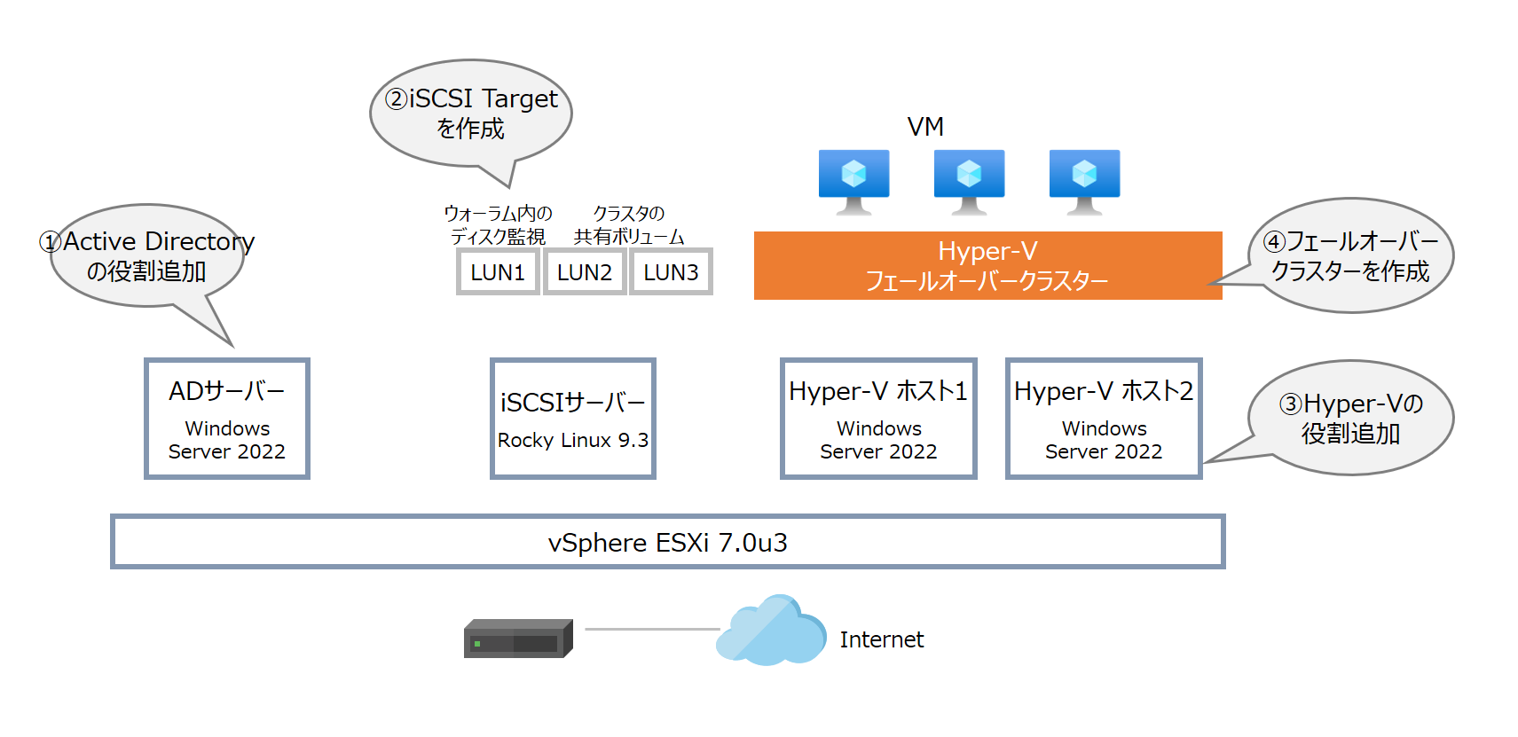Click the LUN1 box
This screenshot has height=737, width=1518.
tap(498, 272)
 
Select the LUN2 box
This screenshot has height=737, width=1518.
tap(585, 272)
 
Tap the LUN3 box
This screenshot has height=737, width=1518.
tap(671, 272)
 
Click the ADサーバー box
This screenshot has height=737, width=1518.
tap(227, 419)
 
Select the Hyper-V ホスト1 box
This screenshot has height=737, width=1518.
tap(878, 419)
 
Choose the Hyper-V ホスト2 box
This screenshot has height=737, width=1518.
tap(1104, 419)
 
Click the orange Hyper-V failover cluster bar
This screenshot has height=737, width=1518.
tap(987, 266)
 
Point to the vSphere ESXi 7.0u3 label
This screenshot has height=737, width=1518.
tap(667, 542)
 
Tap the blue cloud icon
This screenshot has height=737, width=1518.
tap(771, 631)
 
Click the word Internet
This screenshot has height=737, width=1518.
tap(881, 639)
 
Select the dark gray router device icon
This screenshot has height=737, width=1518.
tap(518, 639)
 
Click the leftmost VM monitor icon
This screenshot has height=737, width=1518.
tap(853, 180)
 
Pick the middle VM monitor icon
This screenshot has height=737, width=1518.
tap(969, 180)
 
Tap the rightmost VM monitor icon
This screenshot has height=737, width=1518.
tap(1084, 180)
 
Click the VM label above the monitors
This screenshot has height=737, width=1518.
tap(925, 127)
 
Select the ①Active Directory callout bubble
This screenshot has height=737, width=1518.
tap(147, 256)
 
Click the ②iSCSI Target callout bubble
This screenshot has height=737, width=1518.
tap(471, 113)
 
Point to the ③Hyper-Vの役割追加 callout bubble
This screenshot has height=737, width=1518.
tap(1350, 418)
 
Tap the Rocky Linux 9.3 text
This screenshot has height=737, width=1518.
tap(573, 440)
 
